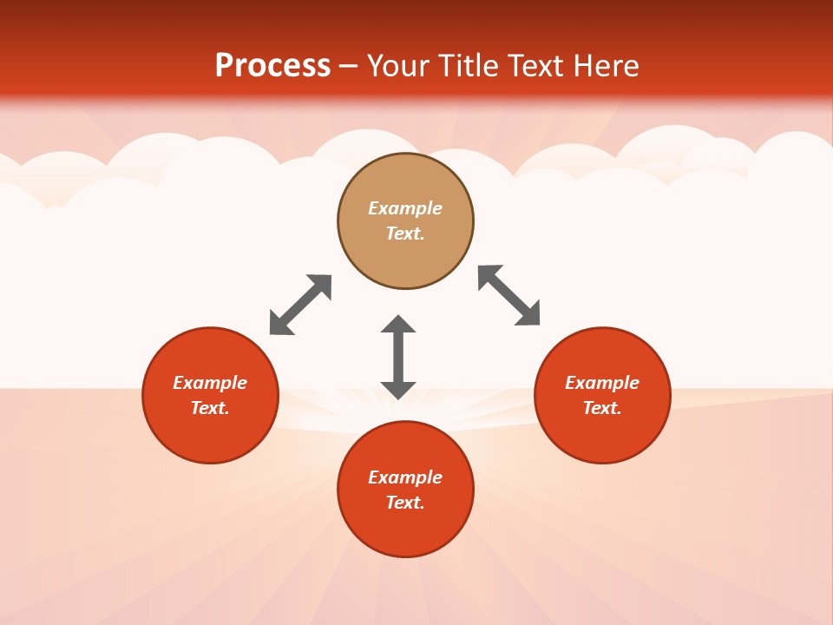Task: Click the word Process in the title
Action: [272, 66]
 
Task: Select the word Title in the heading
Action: [469, 66]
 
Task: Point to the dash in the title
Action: [349, 67]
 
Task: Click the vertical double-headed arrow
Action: [398, 357]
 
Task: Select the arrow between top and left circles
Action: [300, 305]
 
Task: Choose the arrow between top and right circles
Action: [509, 296]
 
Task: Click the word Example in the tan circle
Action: [405, 208]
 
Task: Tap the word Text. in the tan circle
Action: [405, 234]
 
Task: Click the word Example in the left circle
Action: [210, 383]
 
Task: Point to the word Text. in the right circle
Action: [602, 408]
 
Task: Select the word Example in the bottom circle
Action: [405, 477]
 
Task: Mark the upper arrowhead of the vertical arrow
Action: [398, 325]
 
